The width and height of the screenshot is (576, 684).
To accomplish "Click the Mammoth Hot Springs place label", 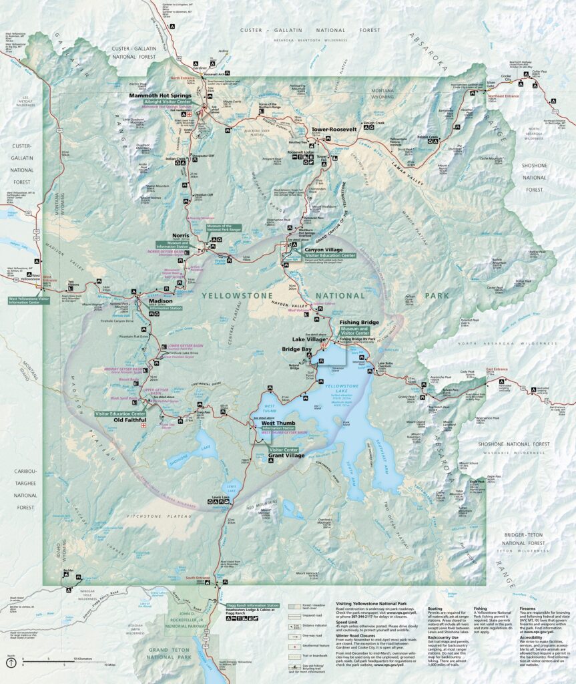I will coord(160,96).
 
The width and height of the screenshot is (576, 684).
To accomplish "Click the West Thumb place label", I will coord(278,423).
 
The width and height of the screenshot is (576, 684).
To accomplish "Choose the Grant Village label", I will coord(286,456).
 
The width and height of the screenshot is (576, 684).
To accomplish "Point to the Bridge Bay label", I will coord(296,349).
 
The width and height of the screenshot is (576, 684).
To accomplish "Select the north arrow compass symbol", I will coord(11,663).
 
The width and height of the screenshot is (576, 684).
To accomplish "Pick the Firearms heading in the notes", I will coord(531,608).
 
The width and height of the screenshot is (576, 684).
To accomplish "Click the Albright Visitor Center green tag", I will coord(162,102).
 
